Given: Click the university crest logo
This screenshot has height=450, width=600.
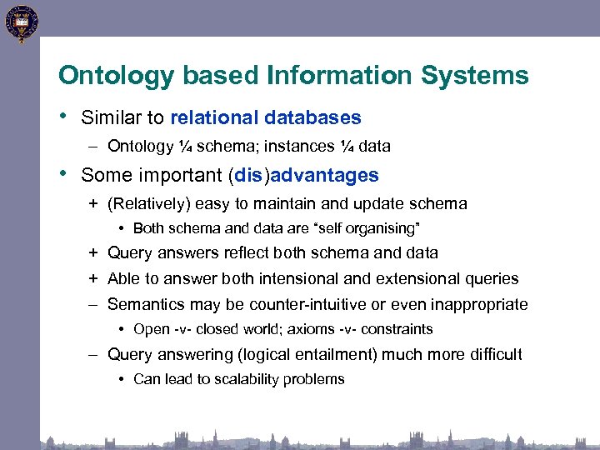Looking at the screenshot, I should coord(20,22).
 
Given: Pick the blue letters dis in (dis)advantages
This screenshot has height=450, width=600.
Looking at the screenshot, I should coord(248,175).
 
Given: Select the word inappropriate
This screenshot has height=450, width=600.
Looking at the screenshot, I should coord(478,304).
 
